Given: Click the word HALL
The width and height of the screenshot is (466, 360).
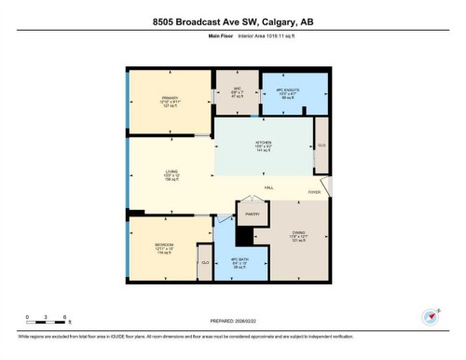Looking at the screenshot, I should point(268,188).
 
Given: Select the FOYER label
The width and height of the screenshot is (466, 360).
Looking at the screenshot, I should point(315,193).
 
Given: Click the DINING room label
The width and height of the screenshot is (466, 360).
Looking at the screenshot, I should point(299,234).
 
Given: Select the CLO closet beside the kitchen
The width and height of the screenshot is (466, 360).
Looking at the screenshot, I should point(322,145).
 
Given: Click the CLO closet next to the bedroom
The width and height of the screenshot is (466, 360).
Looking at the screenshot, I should point(204,263).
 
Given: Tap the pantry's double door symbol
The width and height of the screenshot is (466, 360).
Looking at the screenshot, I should point(251,201).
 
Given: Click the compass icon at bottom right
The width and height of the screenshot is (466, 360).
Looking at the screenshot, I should point(431,318).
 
